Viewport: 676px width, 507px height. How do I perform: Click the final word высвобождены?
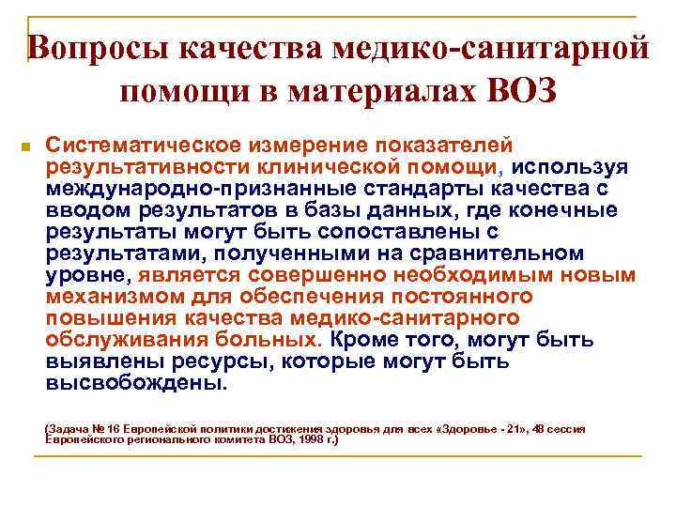[136, 382]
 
